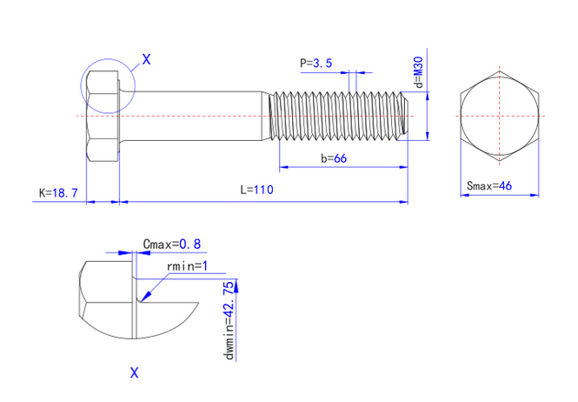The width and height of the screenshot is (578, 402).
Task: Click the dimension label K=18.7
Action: (x=58, y=192)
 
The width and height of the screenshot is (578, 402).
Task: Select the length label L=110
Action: (x=258, y=191)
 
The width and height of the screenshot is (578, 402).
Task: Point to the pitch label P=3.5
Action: (x=316, y=63)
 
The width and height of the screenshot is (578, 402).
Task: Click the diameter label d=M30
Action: (x=418, y=72)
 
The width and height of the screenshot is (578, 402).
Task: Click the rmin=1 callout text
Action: (x=185, y=265)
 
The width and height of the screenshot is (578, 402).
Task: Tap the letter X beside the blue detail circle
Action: (x=146, y=59)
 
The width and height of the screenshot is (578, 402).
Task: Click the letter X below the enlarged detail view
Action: (x=134, y=372)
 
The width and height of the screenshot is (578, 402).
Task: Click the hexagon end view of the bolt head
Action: (x=499, y=115)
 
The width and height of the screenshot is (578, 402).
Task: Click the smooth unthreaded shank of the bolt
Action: (x=196, y=115)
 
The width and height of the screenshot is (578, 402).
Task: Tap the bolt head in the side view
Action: (x=102, y=115)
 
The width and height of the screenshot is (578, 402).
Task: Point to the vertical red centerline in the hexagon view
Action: (x=499, y=96)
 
